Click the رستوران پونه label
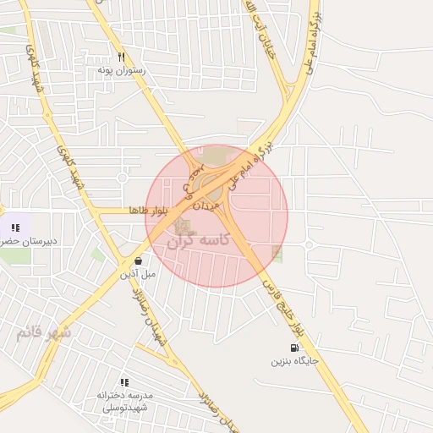coord(122,71)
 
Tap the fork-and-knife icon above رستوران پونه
coord(123,58)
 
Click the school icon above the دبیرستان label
coord(15,227)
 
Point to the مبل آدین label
coord(138,274)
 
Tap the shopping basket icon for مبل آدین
coord(138,260)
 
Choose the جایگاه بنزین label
coord(294,361)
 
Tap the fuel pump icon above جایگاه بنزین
coord(293,348)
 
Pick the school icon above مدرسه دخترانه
coord(124,382)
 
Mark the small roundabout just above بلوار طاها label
coord(122,178)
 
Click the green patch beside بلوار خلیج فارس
coord(277,252)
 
